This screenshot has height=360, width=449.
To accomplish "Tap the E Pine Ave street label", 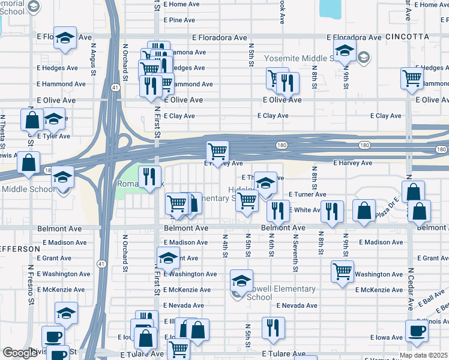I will click(x=178, y=20).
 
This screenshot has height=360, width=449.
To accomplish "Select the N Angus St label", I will click(x=94, y=58).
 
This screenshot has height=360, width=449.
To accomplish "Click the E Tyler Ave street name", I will click(x=53, y=136).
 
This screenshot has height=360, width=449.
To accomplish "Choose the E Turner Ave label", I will click(x=307, y=194).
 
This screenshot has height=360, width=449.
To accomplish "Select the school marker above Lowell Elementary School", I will click(x=241, y=280).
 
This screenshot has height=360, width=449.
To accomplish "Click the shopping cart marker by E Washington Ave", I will click(x=342, y=270).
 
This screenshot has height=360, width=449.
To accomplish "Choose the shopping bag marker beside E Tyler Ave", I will click(x=32, y=119).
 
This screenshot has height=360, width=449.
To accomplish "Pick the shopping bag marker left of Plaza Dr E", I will click(x=364, y=211).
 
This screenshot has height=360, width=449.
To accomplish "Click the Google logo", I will click(x=20, y=353).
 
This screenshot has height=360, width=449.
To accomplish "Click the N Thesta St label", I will click(x=4, y=130).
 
